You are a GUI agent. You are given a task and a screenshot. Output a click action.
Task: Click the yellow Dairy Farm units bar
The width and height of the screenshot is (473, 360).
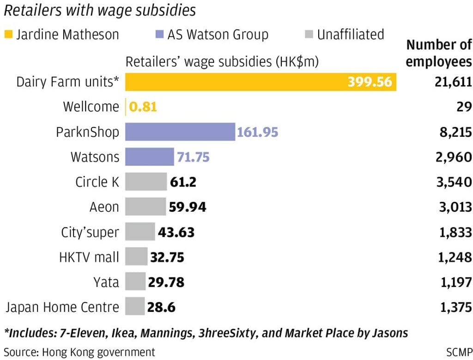(x=261, y=82)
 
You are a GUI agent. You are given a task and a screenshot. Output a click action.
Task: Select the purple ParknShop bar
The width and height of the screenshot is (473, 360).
(x=180, y=132)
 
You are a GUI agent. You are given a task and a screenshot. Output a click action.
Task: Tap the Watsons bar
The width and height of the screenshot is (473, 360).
(x=150, y=157)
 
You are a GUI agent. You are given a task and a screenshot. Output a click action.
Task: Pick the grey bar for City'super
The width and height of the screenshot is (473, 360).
(x=140, y=232)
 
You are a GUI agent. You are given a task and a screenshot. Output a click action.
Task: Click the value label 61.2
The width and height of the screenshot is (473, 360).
(x=183, y=182)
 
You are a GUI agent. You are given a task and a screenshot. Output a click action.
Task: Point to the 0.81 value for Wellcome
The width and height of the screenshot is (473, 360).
(x=143, y=107)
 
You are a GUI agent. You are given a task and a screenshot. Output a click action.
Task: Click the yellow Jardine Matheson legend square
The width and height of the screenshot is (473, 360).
(x=8, y=35)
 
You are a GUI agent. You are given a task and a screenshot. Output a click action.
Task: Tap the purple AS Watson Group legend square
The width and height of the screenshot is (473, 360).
(x=159, y=35)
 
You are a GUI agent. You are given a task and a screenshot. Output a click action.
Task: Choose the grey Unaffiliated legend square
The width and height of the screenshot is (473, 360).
(x=309, y=35)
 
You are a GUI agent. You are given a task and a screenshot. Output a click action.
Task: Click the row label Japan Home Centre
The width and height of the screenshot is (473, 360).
(x=62, y=307)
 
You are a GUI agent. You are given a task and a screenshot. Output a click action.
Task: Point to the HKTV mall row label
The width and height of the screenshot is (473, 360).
(x=89, y=257)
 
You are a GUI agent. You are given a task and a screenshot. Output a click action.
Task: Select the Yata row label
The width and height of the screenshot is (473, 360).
(x=106, y=282)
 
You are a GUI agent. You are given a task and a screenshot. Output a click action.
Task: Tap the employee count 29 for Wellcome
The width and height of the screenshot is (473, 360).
(x=464, y=107)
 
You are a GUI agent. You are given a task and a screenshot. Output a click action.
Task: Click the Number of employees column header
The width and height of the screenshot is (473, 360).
(x=439, y=54)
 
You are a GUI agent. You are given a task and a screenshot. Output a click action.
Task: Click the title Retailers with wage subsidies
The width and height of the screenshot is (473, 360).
(x=100, y=10)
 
